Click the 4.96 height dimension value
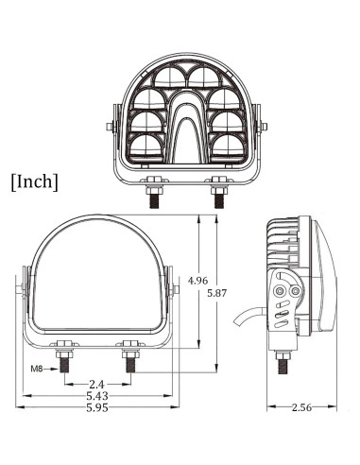197,280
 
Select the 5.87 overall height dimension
217,293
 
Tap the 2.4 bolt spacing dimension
96,385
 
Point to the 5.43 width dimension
97,395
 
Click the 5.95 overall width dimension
97,407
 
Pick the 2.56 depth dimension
301,407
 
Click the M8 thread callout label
37,369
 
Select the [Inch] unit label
35,182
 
